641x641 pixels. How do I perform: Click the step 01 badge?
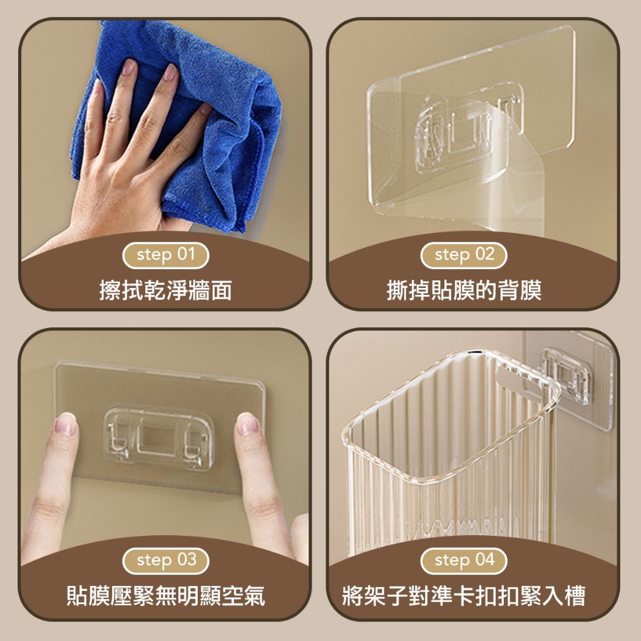pos(165,255)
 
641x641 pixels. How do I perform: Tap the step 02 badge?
pos(464,255)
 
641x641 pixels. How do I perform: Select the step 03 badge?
pos(165,560)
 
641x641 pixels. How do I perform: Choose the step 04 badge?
pos(464,560)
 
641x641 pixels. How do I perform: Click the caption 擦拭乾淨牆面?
pos(165,290)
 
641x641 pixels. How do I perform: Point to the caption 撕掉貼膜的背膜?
pos(464,290)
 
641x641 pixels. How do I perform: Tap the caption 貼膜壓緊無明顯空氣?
pos(165,596)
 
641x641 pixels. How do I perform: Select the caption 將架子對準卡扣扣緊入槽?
pos(464,596)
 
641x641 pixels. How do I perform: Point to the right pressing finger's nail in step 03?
pos(247,423)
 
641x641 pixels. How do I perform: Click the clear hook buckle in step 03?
pos(158,438)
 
